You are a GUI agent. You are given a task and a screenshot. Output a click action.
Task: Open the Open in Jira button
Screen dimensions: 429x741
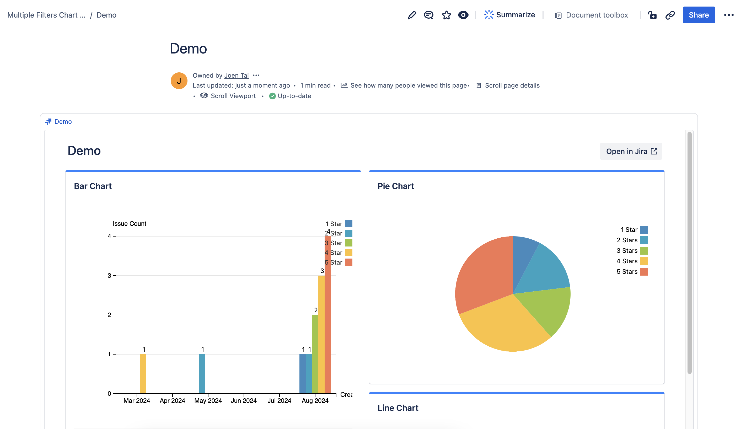[631, 151]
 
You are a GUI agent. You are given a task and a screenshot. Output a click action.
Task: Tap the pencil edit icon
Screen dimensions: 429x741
[412, 15]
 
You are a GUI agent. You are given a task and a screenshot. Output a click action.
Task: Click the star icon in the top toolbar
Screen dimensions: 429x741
[446, 15]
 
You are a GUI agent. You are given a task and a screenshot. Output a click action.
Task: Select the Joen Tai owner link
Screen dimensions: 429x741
[237, 75]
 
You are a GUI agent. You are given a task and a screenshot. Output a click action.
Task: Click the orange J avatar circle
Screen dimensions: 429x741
[179, 81]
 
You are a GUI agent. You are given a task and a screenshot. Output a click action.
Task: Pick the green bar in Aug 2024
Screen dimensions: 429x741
[315, 353]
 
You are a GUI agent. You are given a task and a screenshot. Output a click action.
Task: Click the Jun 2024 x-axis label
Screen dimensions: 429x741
[244, 400]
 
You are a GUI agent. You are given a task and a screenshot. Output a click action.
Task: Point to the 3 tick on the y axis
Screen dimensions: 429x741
[109, 276]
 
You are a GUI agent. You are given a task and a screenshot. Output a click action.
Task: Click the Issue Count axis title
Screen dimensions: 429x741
[129, 223]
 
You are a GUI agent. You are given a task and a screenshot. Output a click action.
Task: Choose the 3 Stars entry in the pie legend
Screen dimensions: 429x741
[627, 250]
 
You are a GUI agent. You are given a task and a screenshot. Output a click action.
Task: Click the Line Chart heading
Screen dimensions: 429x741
[398, 408]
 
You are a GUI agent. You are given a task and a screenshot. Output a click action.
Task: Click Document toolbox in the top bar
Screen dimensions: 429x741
[596, 15]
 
